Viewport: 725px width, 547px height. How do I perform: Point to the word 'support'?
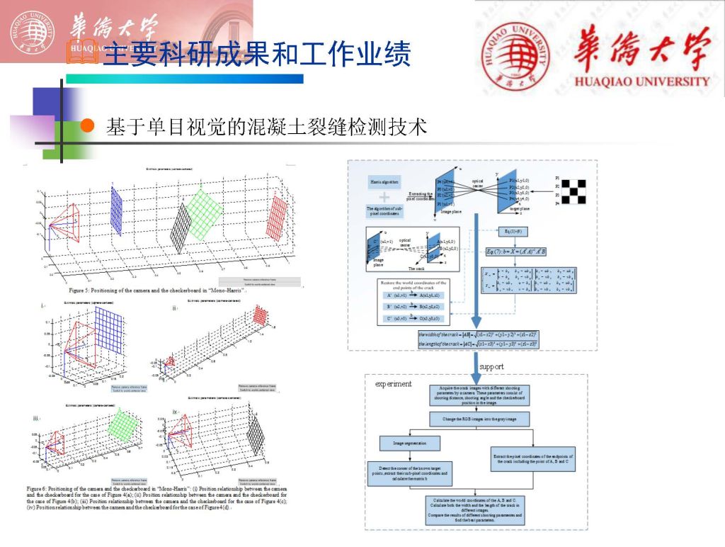pos(491,366)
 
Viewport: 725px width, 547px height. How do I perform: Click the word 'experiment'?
pos(393,384)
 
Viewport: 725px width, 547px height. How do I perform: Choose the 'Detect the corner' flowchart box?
pos(410,473)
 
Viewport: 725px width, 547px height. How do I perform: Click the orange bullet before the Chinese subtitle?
pos(87,126)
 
